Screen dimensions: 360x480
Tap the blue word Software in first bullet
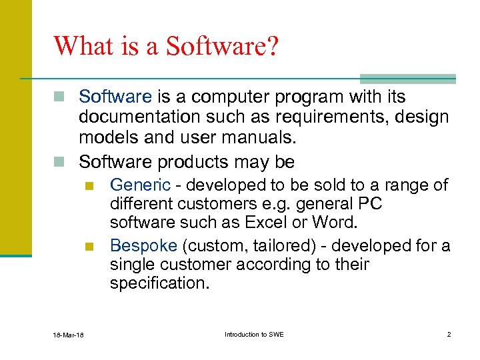coord(115,97)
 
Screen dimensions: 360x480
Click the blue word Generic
coord(140,185)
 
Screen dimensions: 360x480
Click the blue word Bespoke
coord(144,246)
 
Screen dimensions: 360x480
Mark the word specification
coord(159,283)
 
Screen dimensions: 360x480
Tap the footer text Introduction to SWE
coord(254,334)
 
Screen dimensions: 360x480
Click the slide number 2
coord(448,334)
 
